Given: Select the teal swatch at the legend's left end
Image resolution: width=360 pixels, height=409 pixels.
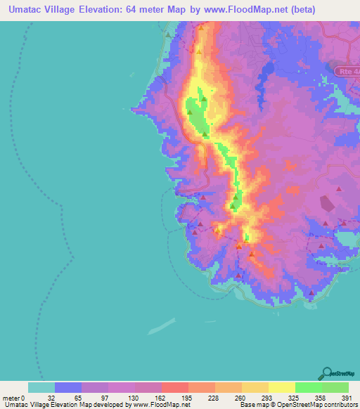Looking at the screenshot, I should [x=41, y=387].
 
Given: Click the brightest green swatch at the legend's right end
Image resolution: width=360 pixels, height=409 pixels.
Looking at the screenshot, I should [x=335, y=387].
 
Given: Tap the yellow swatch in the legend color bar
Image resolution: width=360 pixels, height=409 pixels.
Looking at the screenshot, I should [x=281, y=387].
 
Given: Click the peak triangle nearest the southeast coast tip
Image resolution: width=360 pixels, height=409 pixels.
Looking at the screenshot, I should [x=311, y=293].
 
